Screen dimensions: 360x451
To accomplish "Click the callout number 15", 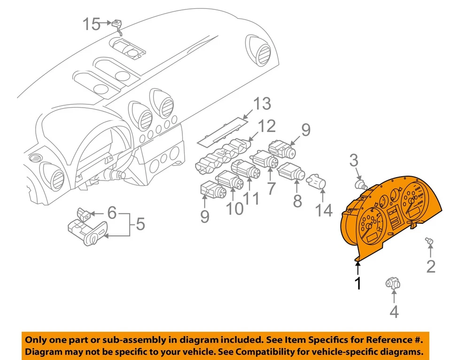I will click(92, 23).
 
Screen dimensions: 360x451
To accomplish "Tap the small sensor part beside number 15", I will click(117, 24).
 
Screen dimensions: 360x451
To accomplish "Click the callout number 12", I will click(266, 126).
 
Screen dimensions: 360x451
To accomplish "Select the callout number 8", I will click(297, 201).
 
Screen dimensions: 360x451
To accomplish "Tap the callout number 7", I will click(271, 189).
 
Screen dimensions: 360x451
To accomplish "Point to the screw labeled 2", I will click(429, 242).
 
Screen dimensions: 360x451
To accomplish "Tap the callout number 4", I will click(394, 311).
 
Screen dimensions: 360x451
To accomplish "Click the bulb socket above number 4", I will click(391, 283).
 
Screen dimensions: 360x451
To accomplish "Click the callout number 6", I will click(111, 212).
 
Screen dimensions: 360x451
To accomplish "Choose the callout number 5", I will click(140, 224).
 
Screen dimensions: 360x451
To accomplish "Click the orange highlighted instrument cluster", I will click(390, 216).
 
